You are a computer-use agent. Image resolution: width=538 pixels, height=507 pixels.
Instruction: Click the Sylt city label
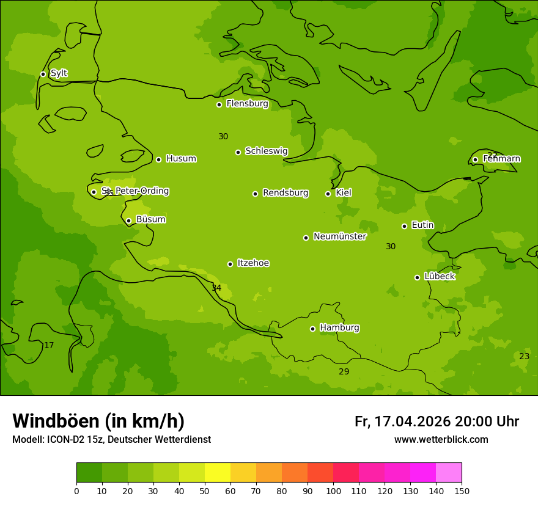[x=59, y=73]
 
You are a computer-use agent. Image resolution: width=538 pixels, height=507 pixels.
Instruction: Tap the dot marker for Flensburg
[x=219, y=104]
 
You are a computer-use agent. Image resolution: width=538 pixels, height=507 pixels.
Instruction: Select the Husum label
[x=181, y=159]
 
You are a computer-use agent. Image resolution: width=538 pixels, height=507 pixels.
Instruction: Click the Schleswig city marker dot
[x=238, y=152]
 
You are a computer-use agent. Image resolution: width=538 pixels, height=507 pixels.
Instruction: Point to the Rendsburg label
[x=286, y=193]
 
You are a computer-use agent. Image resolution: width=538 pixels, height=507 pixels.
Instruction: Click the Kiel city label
[x=344, y=193]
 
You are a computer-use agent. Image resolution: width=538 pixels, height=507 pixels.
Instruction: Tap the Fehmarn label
[x=501, y=159]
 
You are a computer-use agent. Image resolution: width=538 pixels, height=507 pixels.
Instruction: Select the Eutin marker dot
[x=404, y=226]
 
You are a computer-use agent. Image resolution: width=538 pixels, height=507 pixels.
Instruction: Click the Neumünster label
[x=340, y=236]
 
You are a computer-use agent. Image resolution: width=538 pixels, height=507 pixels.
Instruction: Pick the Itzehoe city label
[x=253, y=263]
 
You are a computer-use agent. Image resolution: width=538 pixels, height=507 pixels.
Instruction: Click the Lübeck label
[x=439, y=277]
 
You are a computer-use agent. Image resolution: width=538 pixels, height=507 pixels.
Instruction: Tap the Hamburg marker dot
[x=312, y=329]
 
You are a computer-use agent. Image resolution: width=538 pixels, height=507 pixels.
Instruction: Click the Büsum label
[x=151, y=220]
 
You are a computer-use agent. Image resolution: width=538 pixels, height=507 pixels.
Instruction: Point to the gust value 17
[x=49, y=346]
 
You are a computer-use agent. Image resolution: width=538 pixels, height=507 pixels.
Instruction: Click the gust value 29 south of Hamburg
[x=344, y=372]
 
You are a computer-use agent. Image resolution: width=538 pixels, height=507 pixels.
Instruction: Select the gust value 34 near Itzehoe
[x=216, y=288]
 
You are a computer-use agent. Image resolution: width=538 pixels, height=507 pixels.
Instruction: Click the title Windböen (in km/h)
[x=98, y=421]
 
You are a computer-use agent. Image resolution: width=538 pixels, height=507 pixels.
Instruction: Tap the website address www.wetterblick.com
[x=441, y=440]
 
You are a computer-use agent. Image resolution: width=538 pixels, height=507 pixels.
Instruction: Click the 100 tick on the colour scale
[x=333, y=491]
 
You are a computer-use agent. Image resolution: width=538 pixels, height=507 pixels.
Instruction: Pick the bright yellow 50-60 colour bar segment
[x=218, y=473]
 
